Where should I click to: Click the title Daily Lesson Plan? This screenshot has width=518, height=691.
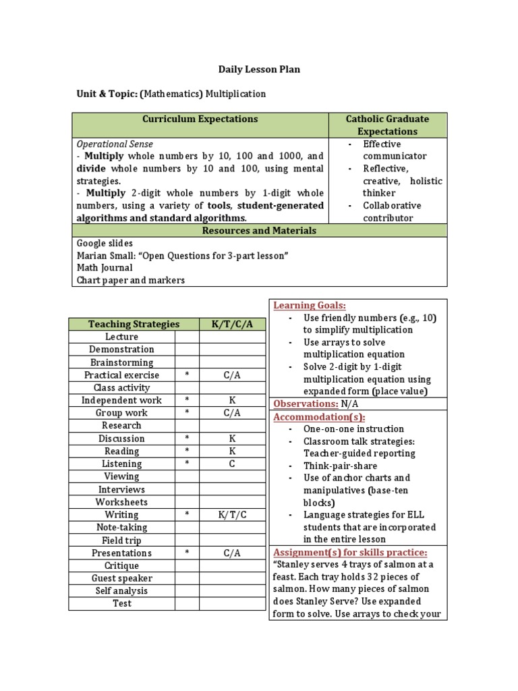tap(259, 70)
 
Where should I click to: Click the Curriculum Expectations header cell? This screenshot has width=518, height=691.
tap(200, 119)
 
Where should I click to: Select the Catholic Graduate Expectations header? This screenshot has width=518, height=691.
tap(387, 126)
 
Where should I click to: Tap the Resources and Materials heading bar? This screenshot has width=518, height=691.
tap(259, 231)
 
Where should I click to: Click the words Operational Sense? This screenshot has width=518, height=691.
tap(115, 144)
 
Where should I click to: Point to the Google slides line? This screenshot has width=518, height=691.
tap(105, 244)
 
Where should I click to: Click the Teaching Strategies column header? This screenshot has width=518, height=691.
tap(134, 325)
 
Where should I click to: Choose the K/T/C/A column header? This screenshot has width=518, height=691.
tap(232, 325)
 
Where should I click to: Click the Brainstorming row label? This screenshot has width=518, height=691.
tap(122, 362)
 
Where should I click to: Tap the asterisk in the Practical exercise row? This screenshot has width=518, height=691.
tap(187, 375)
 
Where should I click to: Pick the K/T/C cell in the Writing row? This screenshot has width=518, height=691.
tap(232, 515)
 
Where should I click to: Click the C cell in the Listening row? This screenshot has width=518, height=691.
tap(232, 464)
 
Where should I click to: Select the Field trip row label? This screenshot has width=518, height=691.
tap(122, 541)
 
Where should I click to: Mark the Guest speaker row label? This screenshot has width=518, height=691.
tap(122, 578)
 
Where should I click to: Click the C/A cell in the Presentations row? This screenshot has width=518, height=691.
tap(232, 553)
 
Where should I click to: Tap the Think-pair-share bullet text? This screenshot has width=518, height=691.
tap(340, 466)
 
